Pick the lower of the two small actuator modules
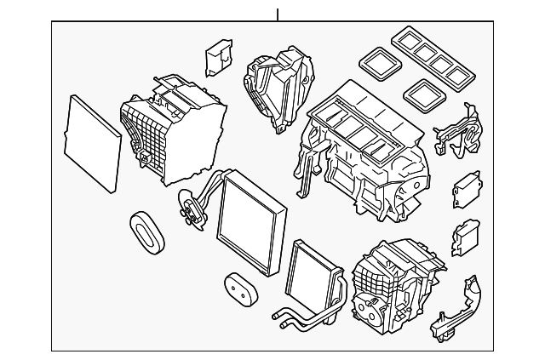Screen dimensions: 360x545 tap(465, 238)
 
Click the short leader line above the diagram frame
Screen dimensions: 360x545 tap(278, 14)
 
